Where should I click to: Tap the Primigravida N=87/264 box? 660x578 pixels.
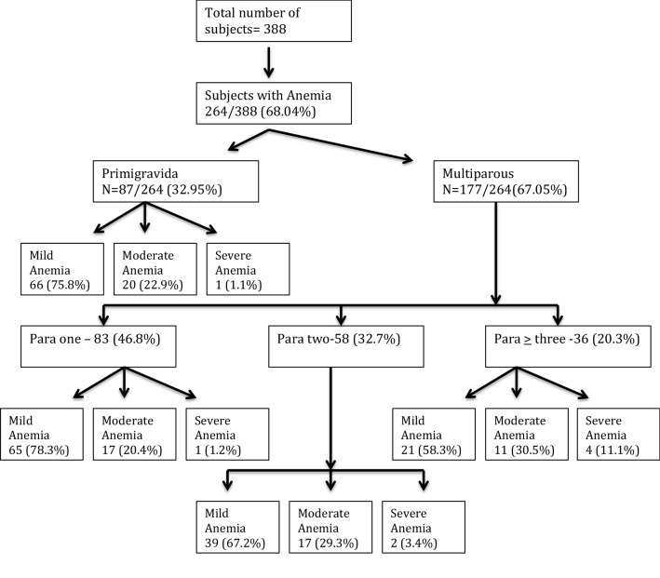pos(174,182)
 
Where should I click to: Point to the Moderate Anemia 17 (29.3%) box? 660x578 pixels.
pos(331,527)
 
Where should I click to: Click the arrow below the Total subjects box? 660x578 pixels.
pos(269,60)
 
